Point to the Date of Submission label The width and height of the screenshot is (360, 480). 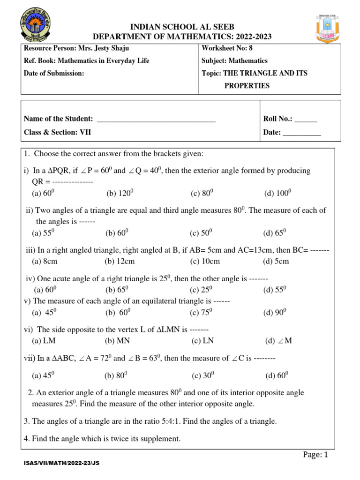click(54, 73)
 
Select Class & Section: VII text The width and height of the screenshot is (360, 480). click(57, 132)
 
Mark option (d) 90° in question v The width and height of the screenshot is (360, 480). click(275, 312)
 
